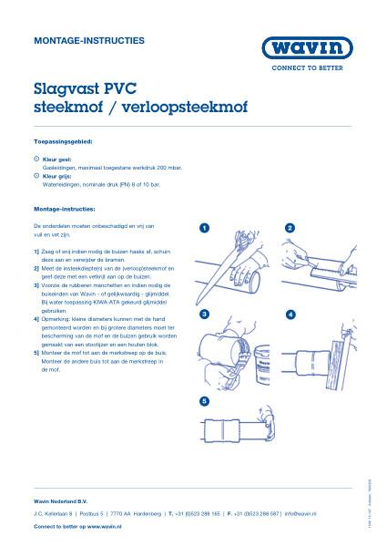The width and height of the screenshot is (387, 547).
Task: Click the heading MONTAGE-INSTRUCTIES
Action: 76,42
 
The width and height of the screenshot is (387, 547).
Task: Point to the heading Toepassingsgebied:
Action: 63,143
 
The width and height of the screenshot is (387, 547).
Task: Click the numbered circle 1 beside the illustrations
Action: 206,227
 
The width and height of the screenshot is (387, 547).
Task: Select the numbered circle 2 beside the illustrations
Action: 290,227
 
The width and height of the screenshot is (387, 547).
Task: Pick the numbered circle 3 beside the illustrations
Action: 206,314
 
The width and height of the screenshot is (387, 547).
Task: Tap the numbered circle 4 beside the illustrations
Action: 290,314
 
